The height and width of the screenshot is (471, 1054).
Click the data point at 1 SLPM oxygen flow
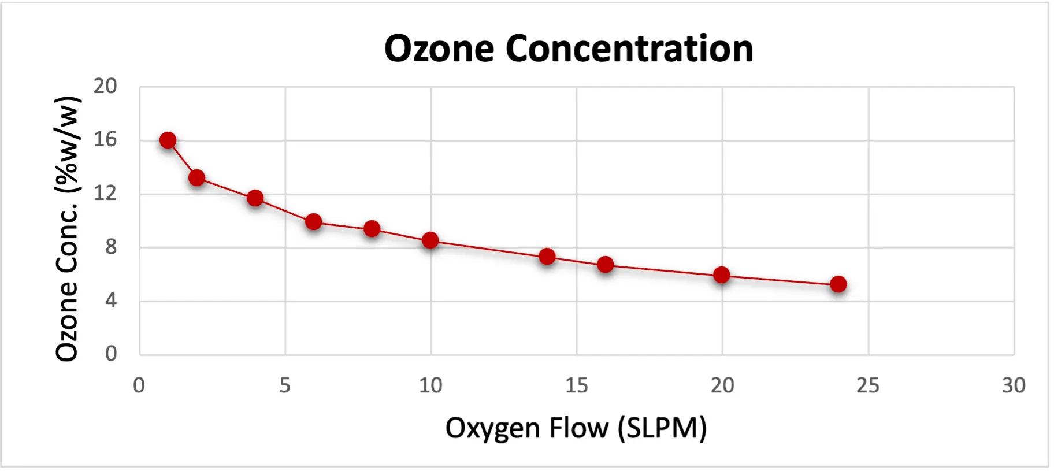click(x=168, y=140)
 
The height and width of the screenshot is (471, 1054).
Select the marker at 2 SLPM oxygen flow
click(x=196, y=177)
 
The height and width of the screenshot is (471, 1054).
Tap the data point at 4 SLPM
click(x=255, y=198)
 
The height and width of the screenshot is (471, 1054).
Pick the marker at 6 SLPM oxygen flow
click(x=313, y=221)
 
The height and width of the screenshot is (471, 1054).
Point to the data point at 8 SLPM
click(x=372, y=229)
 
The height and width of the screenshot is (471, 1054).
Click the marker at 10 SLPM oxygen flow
click(x=430, y=240)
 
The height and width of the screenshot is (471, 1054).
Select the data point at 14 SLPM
click(x=547, y=256)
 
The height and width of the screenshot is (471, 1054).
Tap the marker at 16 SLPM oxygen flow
click(x=605, y=265)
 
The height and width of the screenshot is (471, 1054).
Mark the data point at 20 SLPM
click(x=721, y=275)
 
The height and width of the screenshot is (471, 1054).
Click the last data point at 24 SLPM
click(x=838, y=284)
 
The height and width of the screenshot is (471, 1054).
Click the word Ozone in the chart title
click(x=439, y=49)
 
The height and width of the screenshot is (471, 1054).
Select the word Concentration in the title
click(x=629, y=49)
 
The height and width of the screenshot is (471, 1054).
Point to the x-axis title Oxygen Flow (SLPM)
click(x=576, y=428)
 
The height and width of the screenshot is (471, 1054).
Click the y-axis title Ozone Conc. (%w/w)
click(x=67, y=229)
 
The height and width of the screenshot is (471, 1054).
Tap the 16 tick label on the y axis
click(x=105, y=139)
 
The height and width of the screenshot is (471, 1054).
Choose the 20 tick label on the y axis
click(x=105, y=86)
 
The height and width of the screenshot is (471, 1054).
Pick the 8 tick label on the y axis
click(x=110, y=247)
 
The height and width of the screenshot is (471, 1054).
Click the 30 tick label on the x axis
click(x=1014, y=385)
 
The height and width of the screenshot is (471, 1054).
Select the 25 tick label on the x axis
click(x=867, y=385)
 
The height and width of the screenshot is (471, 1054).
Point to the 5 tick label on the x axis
click(x=285, y=385)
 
